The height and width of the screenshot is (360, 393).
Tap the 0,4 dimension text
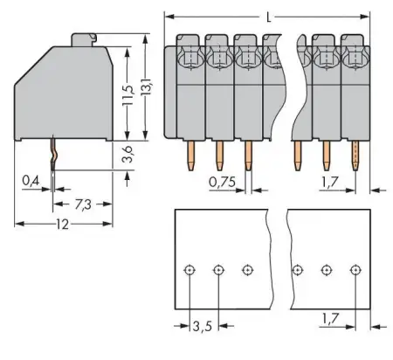pos(30,183)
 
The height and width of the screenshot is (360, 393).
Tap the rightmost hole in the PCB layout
pos(355,270)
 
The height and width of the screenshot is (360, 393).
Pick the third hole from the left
pos(248,270)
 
